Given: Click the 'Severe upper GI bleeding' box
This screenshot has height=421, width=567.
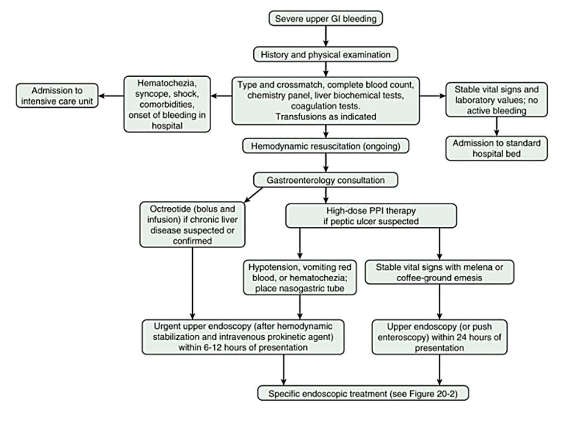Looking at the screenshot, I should click(326, 19).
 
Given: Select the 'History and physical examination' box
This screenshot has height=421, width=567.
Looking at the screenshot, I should click(326, 55).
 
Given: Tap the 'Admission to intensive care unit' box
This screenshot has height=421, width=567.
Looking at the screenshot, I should click(57, 96).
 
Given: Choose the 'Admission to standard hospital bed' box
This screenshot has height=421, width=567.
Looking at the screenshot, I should click(496, 148).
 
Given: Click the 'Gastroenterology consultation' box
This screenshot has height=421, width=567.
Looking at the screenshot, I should click(326, 180).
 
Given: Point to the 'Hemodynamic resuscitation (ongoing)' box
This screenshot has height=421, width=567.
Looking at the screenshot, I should click(326, 146).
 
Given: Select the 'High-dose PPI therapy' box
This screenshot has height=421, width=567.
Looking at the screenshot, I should click(371, 216).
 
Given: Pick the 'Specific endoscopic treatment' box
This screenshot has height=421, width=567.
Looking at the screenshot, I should click(363, 394).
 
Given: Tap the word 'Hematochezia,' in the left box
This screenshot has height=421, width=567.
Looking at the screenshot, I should click(167, 83).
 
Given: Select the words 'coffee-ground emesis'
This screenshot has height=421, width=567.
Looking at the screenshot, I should click(439, 278).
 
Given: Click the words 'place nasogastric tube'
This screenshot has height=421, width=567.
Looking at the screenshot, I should click(300, 288).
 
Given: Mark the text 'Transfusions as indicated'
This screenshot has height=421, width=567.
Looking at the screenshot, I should click(326, 117).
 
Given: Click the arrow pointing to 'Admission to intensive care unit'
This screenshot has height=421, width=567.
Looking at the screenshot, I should click(111, 96).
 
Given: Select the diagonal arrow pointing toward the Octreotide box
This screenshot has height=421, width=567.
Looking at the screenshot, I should click(253, 195).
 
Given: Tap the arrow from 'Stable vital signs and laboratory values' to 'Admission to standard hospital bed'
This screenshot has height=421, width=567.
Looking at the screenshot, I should click(496, 127).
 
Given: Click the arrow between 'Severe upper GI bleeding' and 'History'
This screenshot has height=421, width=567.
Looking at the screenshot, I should click(326, 36).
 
